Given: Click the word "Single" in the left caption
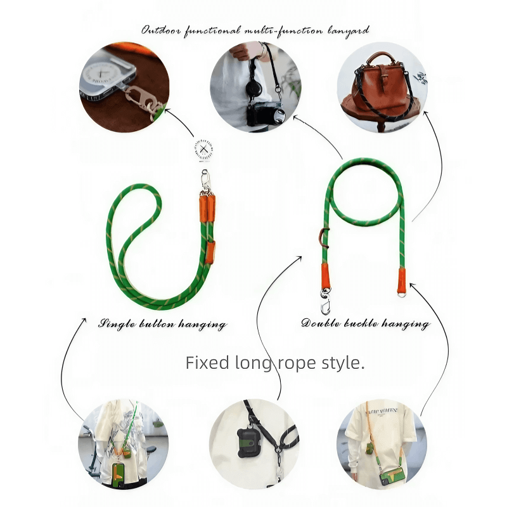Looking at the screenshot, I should pyautogui.click(x=117, y=324).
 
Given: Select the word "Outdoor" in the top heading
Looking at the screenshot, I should pyautogui.click(x=160, y=30).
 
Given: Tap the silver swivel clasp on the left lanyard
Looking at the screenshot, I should pyautogui.click(x=205, y=181).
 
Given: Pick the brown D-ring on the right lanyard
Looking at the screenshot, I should pyautogui.click(x=324, y=234).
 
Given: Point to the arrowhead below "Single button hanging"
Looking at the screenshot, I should pyautogui.click(x=84, y=319).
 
